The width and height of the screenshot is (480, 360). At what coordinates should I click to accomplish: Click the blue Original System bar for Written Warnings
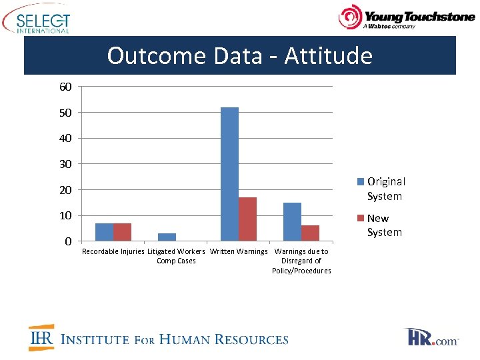pyautogui.click(x=229, y=174)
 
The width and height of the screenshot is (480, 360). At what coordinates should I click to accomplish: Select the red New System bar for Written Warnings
pyautogui.click(x=247, y=219)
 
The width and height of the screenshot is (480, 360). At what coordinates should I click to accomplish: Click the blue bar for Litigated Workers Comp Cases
pyautogui.click(x=167, y=237)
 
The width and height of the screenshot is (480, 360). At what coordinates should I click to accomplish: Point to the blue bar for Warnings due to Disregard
pyautogui.click(x=292, y=221)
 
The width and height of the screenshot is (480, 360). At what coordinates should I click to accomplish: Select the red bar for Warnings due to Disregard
pyautogui.click(x=310, y=233)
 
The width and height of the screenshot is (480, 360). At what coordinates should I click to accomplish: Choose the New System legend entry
pyautogui.click(x=381, y=225)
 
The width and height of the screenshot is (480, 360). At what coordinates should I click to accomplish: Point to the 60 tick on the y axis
pyautogui.click(x=65, y=87)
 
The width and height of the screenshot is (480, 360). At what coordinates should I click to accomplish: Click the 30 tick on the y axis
pyautogui.click(x=65, y=164)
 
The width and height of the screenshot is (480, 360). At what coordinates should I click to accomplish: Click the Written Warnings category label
pyautogui.click(x=239, y=252)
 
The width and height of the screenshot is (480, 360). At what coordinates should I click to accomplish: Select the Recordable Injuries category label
pyautogui.click(x=113, y=252)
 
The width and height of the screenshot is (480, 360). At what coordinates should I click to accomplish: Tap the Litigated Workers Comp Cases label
pyautogui.click(x=176, y=256)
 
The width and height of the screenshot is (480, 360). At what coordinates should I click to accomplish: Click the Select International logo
pyautogui.click(x=36, y=20)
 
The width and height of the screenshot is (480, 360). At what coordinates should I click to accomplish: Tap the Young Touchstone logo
pyautogui.click(x=407, y=18)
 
